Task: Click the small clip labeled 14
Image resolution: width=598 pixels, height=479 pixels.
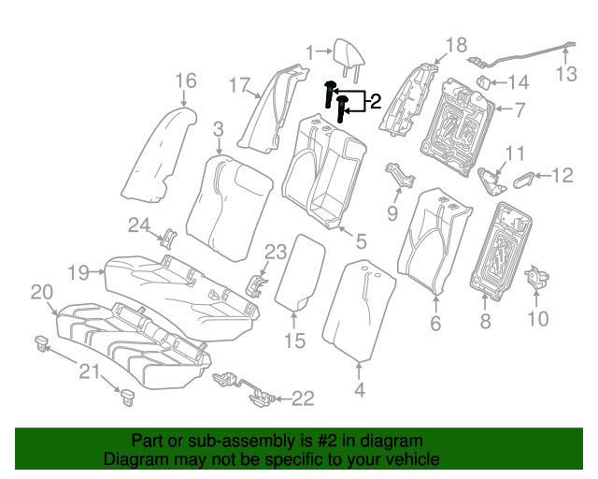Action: click(484, 82)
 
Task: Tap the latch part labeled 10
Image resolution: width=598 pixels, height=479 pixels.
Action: click(537, 277)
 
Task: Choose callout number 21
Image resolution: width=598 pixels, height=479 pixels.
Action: click(88, 372)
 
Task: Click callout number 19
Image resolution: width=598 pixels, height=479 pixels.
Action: click(78, 272)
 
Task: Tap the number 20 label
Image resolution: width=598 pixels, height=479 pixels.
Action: click(42, 293)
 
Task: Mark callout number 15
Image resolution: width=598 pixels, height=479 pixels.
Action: click(294, 341)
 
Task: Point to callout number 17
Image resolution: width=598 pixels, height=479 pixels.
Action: click(239, 85)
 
